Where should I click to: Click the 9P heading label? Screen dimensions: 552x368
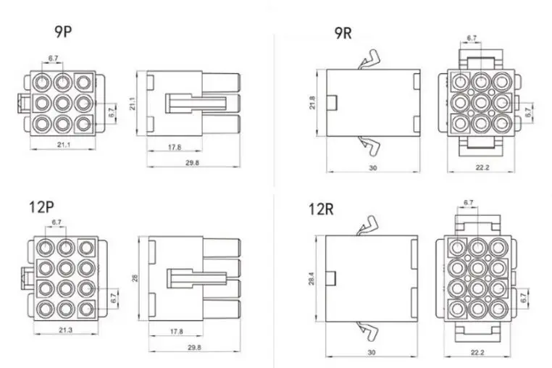click(x=63, y=31)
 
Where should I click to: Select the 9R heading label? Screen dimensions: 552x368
click(x=343, y=33)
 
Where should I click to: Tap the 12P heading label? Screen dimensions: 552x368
click(x=41, y=206)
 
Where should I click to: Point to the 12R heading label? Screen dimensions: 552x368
click(x=321, y=209)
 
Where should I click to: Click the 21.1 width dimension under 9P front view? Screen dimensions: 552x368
click(x=64, y=144)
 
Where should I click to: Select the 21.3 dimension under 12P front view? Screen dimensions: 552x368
click(x=65, y=330)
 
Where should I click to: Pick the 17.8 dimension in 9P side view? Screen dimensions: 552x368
click(x=175, y=147)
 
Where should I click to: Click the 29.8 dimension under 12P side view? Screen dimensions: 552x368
click(x=194, y=347)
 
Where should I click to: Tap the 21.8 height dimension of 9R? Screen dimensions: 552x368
click(x=312, y=102)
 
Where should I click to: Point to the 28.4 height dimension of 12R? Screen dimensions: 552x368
click(x=311, y=279)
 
